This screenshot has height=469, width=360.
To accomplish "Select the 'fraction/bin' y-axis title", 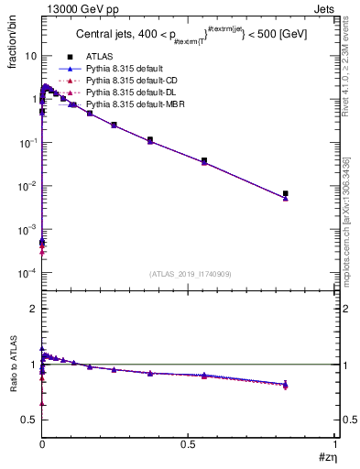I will click(x=12, y=38).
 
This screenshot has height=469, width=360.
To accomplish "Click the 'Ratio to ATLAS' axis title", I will click(x=13, y=365).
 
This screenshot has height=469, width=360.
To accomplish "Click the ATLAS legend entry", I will click(x=100, y=57).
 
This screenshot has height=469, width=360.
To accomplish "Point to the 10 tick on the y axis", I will click(x=30, y=56).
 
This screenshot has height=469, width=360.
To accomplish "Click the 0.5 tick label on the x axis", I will click(x=189, y=444).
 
